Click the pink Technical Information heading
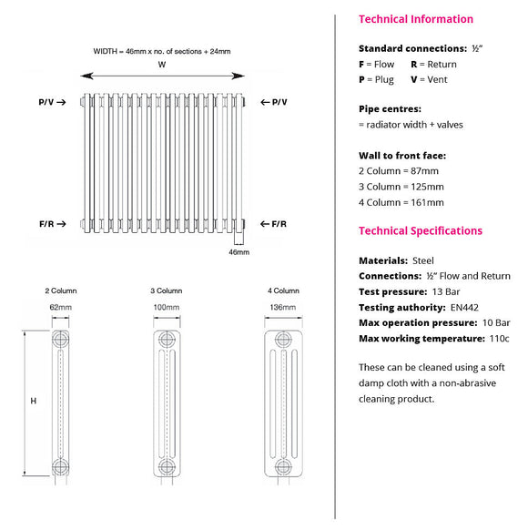click(416, 19)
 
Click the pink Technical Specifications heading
click(421, 231)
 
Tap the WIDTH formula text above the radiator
click(162, 51)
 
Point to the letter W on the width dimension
click(162, 64)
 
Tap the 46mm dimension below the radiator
click(239, 252)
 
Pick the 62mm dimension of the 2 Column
click(61, 308)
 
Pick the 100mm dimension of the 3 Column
click(167, 308)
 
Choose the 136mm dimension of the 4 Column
click(282, 308)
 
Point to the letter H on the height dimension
click(34, 401)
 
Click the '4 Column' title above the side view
click(282, 290)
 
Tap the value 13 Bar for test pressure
click(444, 291)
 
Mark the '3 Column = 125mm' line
click(401, 187)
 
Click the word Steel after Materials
click(423, 260)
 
